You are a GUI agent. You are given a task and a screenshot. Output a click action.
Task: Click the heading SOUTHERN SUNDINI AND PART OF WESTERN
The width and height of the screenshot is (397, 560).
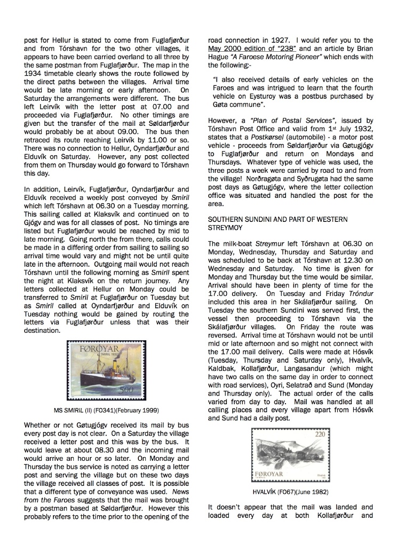pos(277,219)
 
